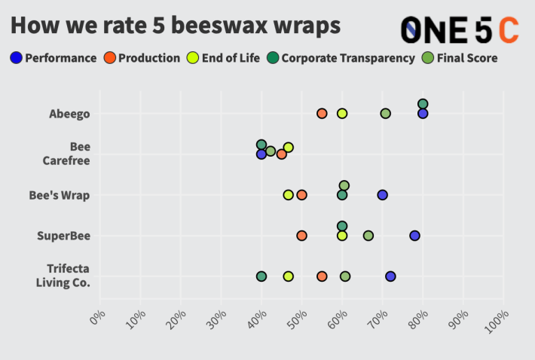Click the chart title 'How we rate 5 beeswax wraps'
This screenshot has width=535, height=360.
[x=175, y=25]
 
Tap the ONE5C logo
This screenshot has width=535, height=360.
[x=459, y=29]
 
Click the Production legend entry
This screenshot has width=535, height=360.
[x=142, y=58]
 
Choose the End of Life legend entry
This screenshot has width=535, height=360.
[x=225, y=58]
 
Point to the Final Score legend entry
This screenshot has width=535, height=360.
[x=462, y=58]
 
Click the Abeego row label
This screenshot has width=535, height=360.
[x=69, y=114]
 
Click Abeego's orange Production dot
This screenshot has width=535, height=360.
[x=322, y=113]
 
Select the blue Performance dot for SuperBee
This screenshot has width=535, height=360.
[x=414, y=236]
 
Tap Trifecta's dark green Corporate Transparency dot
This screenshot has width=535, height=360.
[x=261, y=276]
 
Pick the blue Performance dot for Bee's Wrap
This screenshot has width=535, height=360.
[x=382, y=195]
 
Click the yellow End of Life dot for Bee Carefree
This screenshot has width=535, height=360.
[x=288, y=148]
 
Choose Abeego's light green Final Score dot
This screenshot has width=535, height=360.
[x=385, y=113]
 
